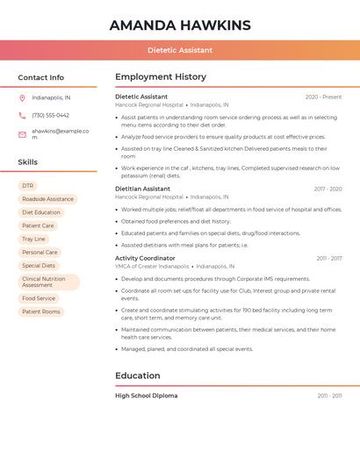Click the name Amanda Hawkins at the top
(x=180, y=25)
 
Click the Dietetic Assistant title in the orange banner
(x=180, y=50)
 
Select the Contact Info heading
(x=41, y=77)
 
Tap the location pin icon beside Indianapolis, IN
(x=22, y=97)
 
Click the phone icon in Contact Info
(x=22, y=115)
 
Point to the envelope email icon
(x=22, y=133)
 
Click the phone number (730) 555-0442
(x=50, y=115)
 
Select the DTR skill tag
(x=28, y=186)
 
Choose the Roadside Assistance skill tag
(x=47, y=199)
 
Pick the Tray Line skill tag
(x=34, y=239)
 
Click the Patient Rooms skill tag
(x=41, y=311)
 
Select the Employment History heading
(x=161, y=77)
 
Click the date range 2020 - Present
(x=323, y=97)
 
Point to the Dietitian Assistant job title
(x=143, y=189)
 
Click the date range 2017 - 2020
(x=328, y=189)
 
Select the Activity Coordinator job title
(x=145, y=258)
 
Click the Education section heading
(x=137, y=376)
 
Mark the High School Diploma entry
(x=147, y=396)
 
